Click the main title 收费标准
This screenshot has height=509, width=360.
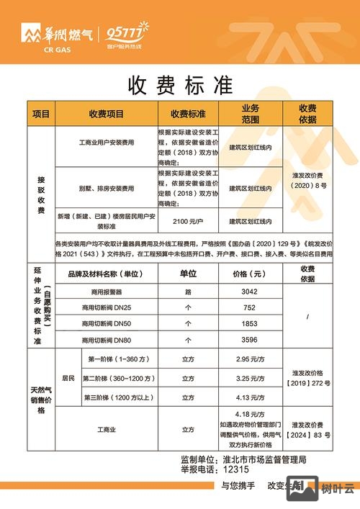[x=180, y=86]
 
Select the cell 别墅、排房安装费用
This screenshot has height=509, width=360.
[x=106, y=189]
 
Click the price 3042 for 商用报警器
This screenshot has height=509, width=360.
[x=250, y=292]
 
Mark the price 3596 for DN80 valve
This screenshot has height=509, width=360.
[x=250, y=340]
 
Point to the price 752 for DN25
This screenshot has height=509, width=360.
[x=250, y=308]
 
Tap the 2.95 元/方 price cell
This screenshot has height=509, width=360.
[x=250, y=358]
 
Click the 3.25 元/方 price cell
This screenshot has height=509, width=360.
[x=250, y=378]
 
